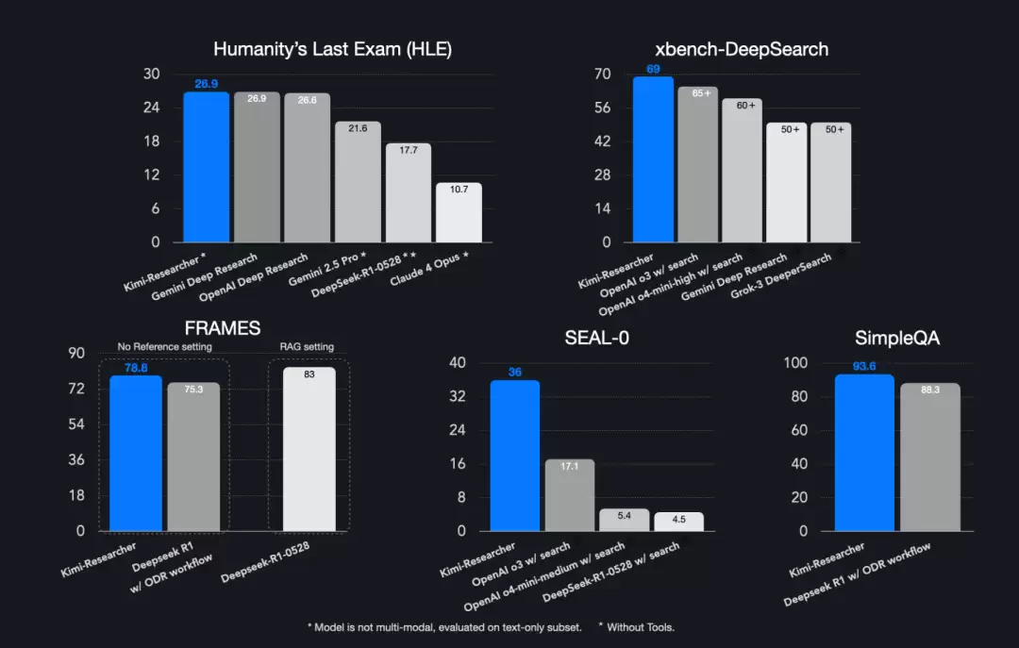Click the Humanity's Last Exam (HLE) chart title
coord(332,49)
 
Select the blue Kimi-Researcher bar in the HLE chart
coord(206,167)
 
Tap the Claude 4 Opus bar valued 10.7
coord(459,212)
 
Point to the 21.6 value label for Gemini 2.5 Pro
coord(358,128)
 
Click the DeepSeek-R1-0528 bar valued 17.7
coord(409,192)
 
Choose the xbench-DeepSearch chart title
coord(742,49)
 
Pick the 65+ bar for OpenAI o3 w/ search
coord(698,164)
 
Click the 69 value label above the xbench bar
coord(653,69)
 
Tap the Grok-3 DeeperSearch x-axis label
coord(780,275)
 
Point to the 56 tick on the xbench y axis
coord(602,108)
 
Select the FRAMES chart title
coord(223,328)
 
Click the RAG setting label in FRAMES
coord(307,346)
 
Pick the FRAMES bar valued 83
coord(309,449)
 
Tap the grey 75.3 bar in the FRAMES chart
coord(193,457)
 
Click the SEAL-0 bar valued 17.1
coord(569,495)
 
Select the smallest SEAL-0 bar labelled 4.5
coord(678,522)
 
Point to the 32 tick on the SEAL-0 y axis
coord(458,396)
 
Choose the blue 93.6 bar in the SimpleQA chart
coord(864,453)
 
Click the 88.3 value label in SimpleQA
coord(930,390)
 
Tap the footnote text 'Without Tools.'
coord(640,627)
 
